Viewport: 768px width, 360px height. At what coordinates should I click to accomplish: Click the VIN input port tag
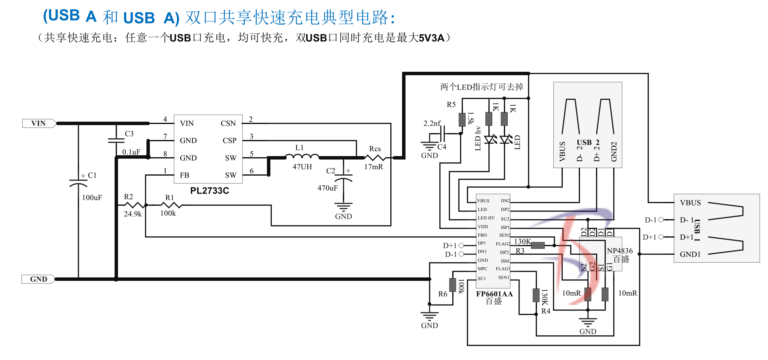point(39,123)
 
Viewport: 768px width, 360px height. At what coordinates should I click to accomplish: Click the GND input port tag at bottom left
point(38,279)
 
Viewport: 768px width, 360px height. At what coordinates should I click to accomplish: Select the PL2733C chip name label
point(209,191)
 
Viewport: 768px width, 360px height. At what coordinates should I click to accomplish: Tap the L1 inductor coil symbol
point(302,156)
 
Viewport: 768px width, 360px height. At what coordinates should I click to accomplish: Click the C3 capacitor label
point(129,134)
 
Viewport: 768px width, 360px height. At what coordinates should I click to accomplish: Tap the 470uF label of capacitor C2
point(327,188)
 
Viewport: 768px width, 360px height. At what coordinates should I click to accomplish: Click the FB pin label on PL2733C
point(185,175)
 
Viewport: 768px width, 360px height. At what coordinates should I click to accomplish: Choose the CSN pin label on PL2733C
point(228,123)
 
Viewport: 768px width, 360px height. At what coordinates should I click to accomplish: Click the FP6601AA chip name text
point(494,294)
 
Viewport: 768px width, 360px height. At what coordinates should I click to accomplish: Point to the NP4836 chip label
point(620,251)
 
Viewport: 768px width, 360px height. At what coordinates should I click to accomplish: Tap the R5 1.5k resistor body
point(462,120)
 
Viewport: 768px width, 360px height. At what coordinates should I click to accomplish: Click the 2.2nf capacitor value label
point(432,123)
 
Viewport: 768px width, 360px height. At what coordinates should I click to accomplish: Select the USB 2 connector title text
point(588,142)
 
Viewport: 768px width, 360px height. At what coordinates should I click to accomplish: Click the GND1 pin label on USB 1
point(690,254)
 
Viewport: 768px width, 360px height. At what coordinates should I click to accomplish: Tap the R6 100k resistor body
point(452,285)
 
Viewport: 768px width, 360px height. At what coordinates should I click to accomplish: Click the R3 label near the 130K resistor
point(520,251)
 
